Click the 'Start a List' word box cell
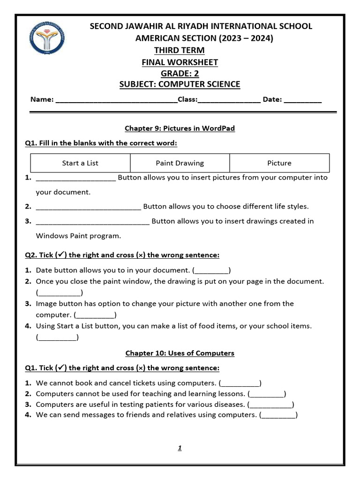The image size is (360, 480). [x=80, y=163]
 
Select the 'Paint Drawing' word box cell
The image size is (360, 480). [x=180, y=163]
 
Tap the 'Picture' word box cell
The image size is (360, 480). [x=279, y=163]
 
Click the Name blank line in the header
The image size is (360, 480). [x=116, y=100]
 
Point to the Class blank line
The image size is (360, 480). [x=229, y=100]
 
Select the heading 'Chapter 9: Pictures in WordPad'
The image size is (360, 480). [x=180, y=128]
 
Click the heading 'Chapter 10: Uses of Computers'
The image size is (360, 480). [x=180, y=353]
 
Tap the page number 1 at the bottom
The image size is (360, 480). [x=180, y=448]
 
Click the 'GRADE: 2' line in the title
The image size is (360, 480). [x=180, y=74]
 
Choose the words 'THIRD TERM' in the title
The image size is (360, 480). [x=180, y=51]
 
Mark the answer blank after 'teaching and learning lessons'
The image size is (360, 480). [x=267, y=394]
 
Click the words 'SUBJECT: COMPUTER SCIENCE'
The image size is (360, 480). [x=180, y=85]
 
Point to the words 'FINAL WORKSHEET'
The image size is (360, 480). [x=180, y=62]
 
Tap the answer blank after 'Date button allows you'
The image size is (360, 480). [x=211, y=271]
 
